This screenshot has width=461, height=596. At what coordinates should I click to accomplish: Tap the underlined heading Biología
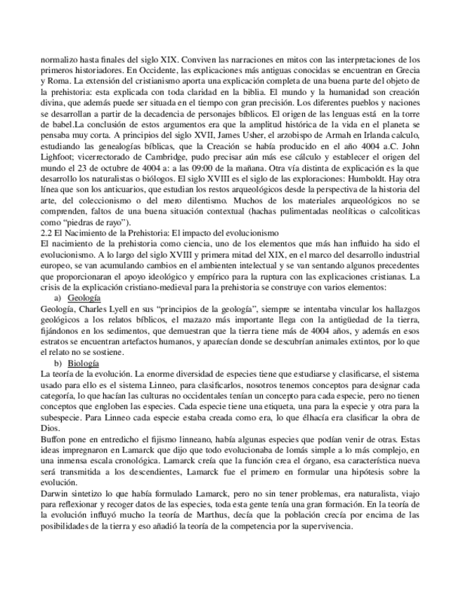[x=84, y=363]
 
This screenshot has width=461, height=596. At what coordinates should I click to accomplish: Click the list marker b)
[x=60, y=363]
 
